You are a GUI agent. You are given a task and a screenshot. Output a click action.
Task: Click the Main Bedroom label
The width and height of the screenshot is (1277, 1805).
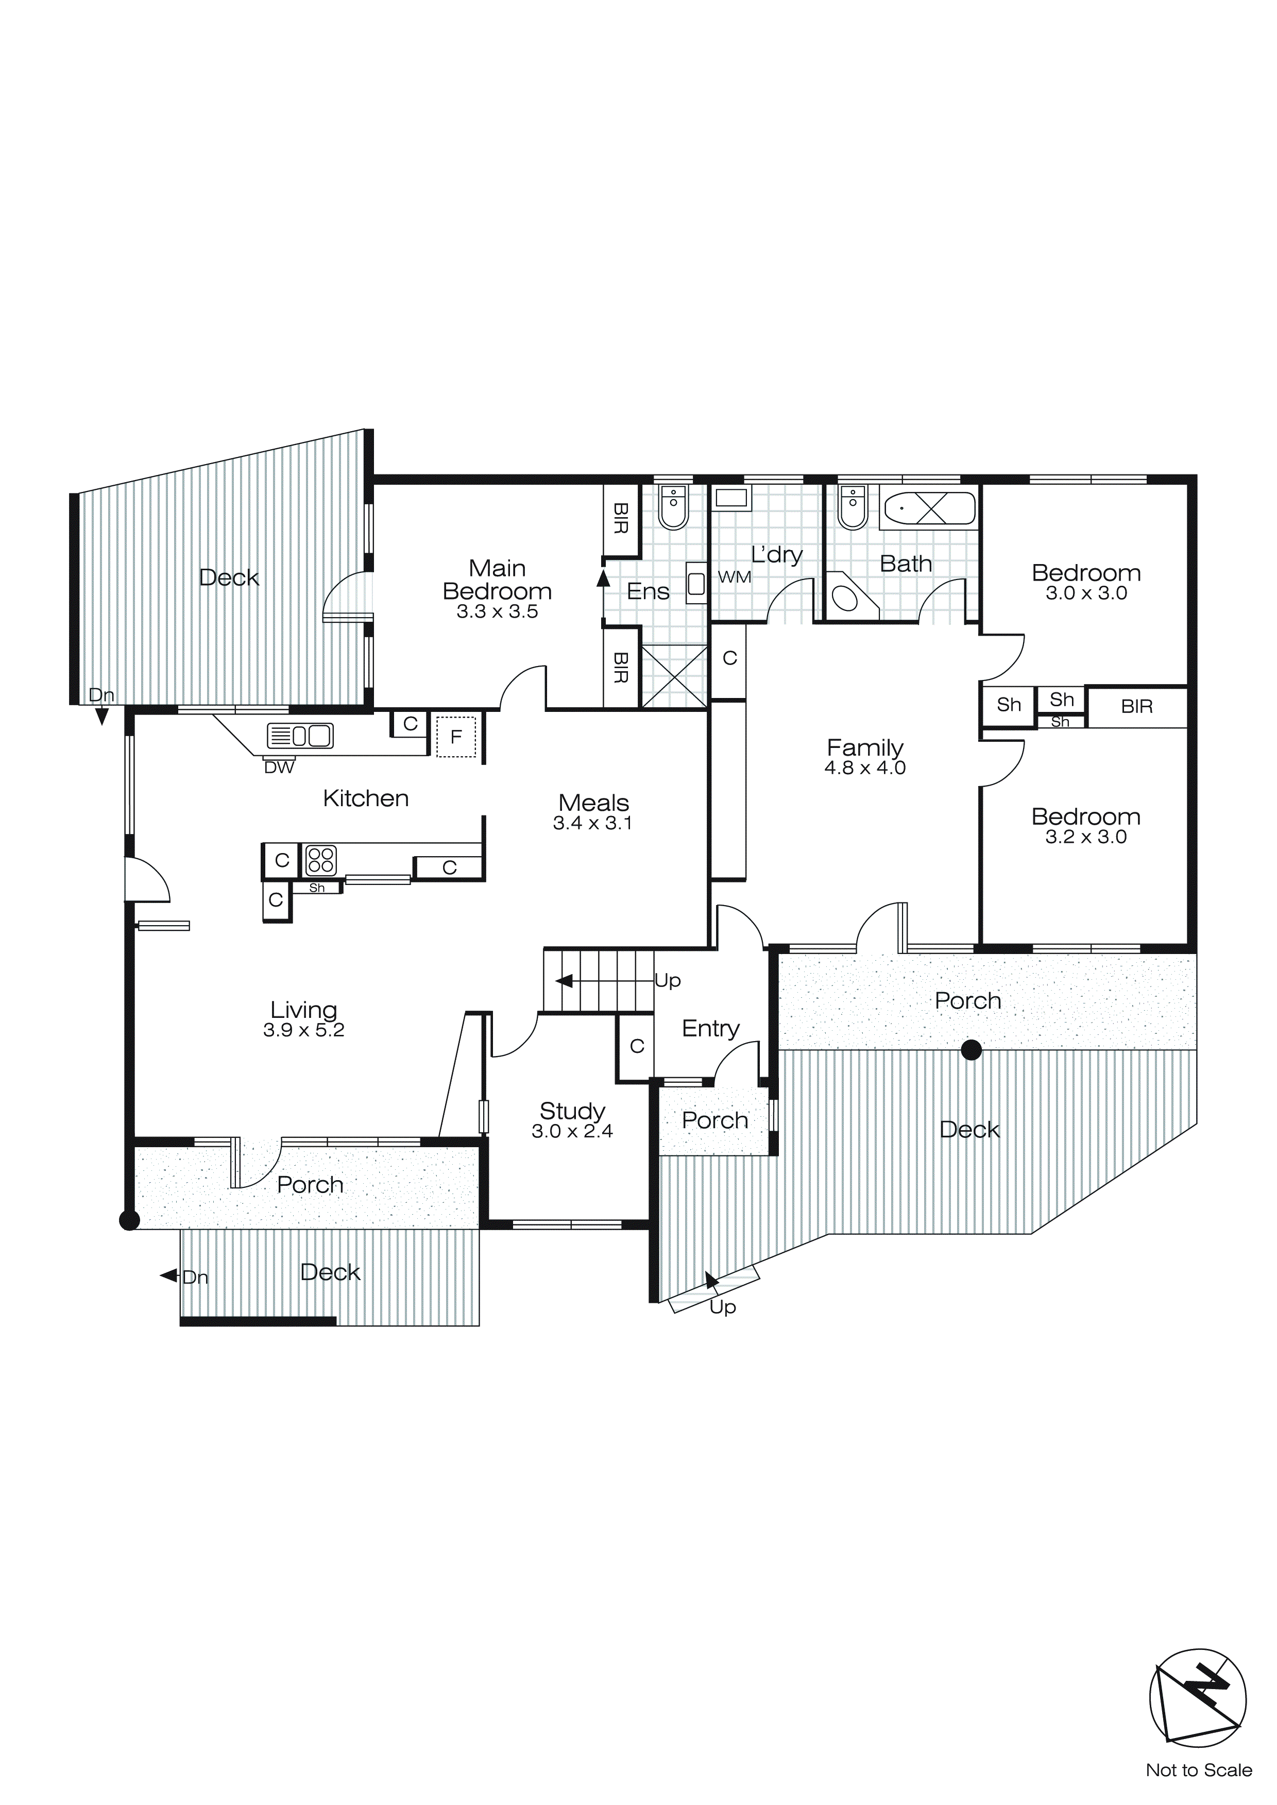pos(497,580)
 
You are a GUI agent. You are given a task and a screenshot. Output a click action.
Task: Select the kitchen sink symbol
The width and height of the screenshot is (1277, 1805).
pos(300,736)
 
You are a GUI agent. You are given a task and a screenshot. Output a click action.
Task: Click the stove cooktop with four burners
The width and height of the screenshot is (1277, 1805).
pos(321,860)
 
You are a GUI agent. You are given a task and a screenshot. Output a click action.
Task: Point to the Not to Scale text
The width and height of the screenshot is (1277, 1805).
pos(1198,1769)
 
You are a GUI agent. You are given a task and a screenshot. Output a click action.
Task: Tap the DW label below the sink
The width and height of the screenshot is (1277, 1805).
pos(279,768)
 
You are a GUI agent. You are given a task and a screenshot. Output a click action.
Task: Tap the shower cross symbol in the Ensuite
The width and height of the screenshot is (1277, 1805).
pos(674,676)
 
